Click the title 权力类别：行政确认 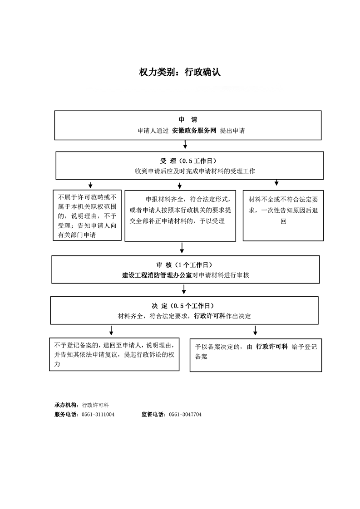coord(180,72)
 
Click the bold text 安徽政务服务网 coord(194,131)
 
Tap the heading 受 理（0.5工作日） coord(188,161)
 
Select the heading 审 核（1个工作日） coord(184,265)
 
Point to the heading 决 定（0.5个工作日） coord(183,306)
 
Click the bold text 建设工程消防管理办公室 coord(157,275)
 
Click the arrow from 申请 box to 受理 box coord(185,144)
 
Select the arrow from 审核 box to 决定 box coord(184,289)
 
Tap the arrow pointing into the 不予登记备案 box coord(111,330)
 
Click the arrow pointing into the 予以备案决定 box coord(256,330)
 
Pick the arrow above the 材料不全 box coord(276,182)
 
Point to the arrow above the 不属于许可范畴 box coord(90,185)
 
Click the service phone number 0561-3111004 coord(98,414)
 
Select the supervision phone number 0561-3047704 coord(185,414)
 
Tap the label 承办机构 coord(66,405)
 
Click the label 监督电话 coord(153,414)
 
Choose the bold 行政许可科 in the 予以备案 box coord(272,347)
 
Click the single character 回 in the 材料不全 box coord(283,221)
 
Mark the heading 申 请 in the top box coord(188,119)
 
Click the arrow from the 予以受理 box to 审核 coord(182,248)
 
